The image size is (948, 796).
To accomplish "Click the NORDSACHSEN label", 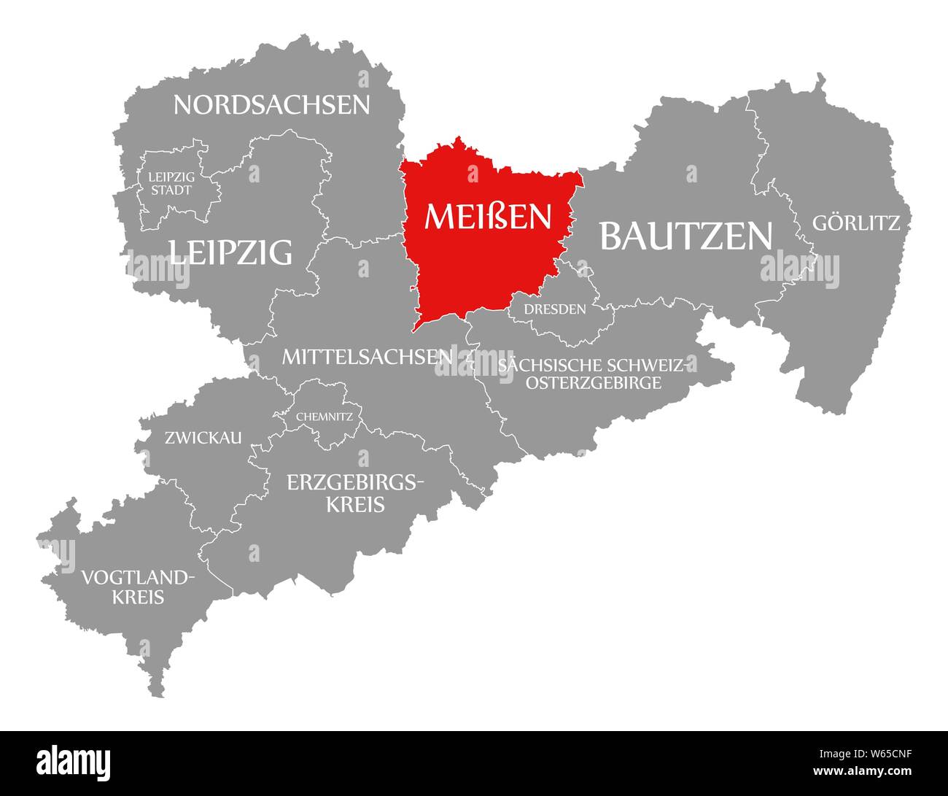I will pos(271,105).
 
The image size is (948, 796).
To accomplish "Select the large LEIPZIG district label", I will pos(230,252).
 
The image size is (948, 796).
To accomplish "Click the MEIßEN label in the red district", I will pos(488,217).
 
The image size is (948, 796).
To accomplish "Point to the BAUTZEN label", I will pos(685,236).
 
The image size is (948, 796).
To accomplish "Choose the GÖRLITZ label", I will pos(856,223).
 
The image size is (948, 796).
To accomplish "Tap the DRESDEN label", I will pos(556,309).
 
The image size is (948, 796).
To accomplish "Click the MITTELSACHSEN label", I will pos(367,357).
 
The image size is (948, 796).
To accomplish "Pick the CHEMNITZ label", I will pos(325,417).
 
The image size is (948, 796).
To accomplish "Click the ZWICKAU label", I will pos(203,438).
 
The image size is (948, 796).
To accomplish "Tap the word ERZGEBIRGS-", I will pos(355,482).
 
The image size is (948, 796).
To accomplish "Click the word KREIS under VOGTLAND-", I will pos(138,598).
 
